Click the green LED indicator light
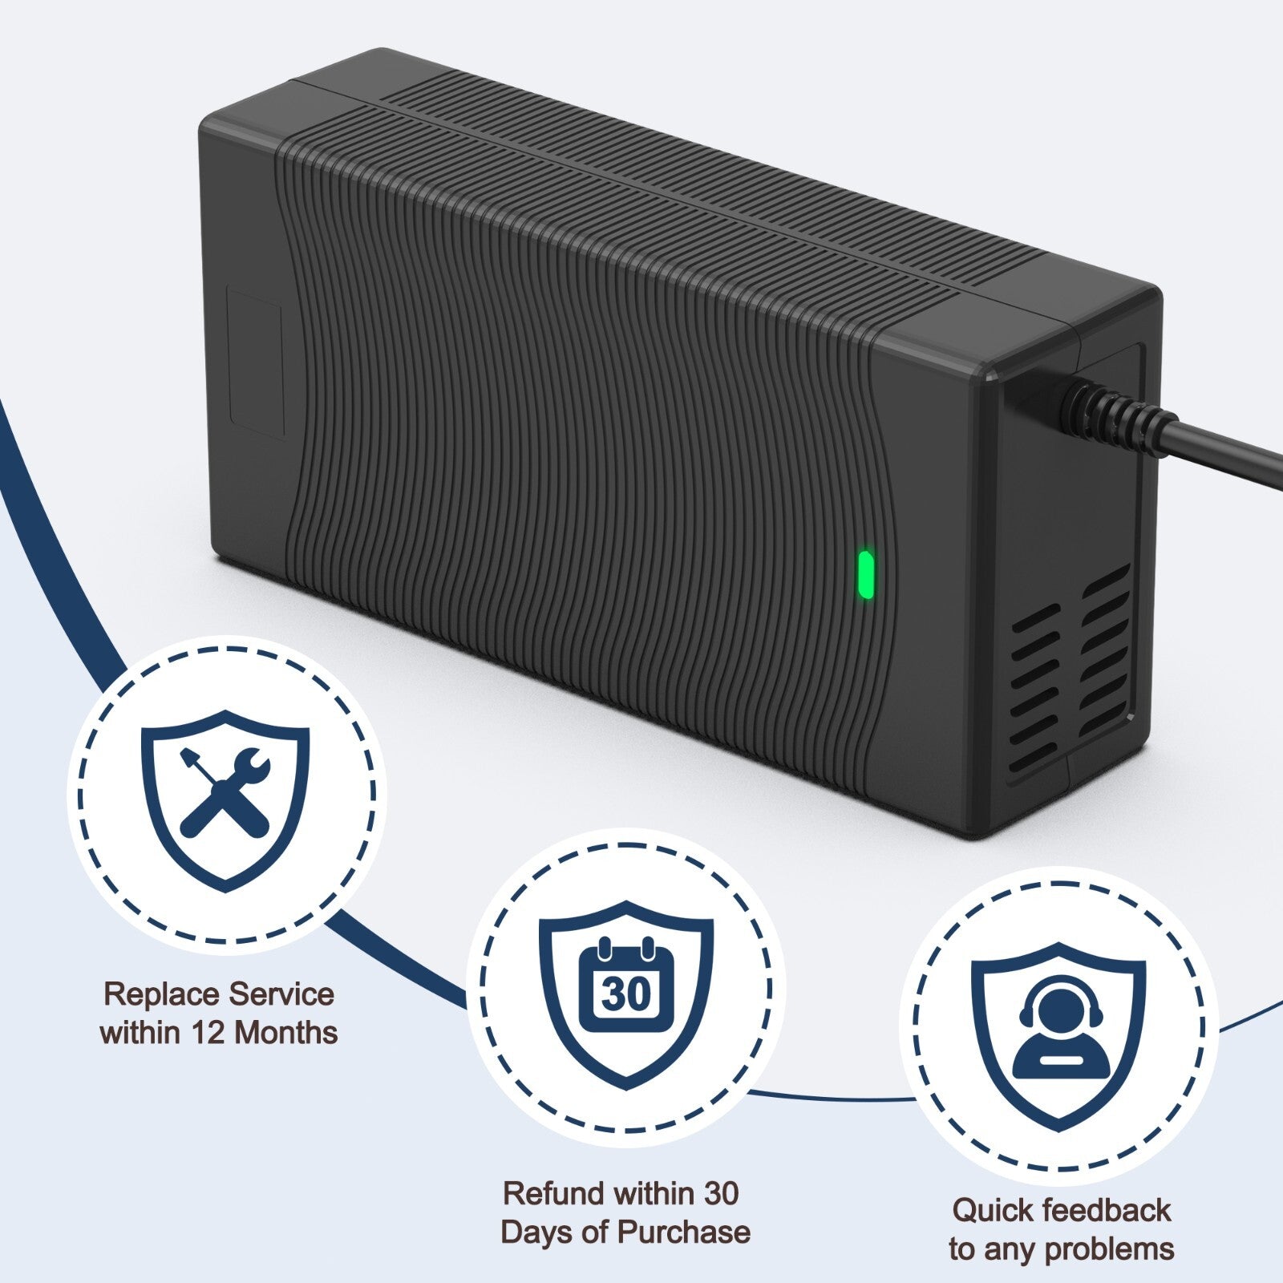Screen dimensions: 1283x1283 (x=865, y=575)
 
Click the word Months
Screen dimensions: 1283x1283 (x=286, y=1033)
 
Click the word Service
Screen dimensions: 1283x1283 (x=280, y=994)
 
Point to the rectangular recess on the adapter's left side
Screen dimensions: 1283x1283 (x=256, y=365)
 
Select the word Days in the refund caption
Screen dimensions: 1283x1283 (x=536, y=1232)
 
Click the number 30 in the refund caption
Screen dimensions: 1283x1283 (x=719, y=1193)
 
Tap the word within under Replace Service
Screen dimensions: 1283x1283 (x=140, y=1033)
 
